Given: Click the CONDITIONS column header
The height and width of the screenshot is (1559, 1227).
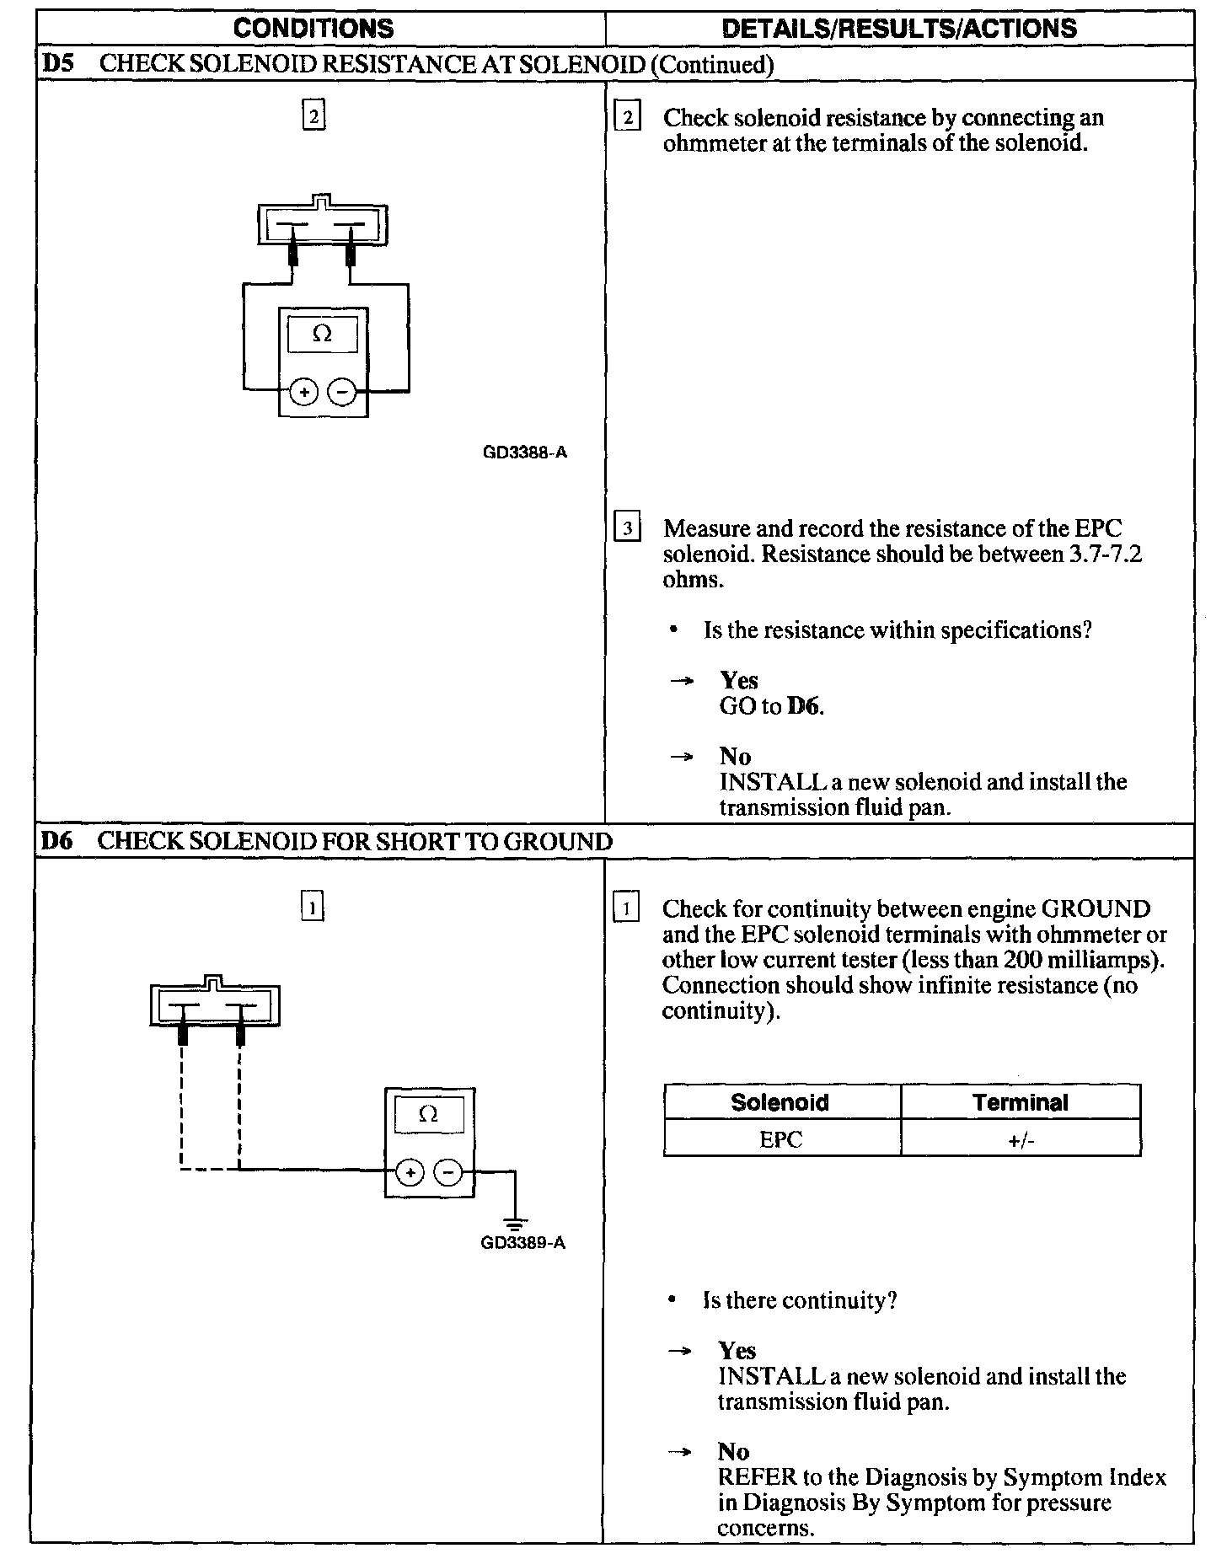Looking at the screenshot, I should click(313, 29).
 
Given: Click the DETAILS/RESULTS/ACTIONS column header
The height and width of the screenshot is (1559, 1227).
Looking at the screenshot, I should click(899, 29).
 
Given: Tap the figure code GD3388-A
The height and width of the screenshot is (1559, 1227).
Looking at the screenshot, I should click(524, 453).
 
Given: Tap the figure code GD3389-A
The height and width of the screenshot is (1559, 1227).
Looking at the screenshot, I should click(522, 1243).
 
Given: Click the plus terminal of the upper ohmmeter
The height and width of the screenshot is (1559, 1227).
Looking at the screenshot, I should click(303, 392).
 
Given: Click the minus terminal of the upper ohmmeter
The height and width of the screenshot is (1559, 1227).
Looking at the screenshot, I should click(341, 392).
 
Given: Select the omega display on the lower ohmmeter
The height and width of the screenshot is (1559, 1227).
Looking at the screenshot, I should click(428, 1115).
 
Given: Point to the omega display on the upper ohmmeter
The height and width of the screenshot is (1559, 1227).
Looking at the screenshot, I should click(322, 335).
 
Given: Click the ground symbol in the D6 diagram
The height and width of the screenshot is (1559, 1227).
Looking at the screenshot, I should click(515, 1223).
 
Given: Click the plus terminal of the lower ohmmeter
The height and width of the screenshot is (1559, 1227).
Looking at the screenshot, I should click(410, 1172).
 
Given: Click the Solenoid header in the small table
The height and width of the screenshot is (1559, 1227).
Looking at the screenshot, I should click(780, 1102).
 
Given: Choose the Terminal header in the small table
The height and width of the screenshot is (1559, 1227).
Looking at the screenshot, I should click(1020, 1102).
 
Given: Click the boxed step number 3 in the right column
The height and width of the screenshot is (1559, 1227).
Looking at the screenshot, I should click(627, 529).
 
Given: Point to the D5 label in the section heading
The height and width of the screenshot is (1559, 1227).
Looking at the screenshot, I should click(56, 65).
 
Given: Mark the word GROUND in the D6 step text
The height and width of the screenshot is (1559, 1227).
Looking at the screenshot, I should click(1096, 909).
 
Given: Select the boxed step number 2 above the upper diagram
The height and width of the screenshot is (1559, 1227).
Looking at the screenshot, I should click(313, 115).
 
